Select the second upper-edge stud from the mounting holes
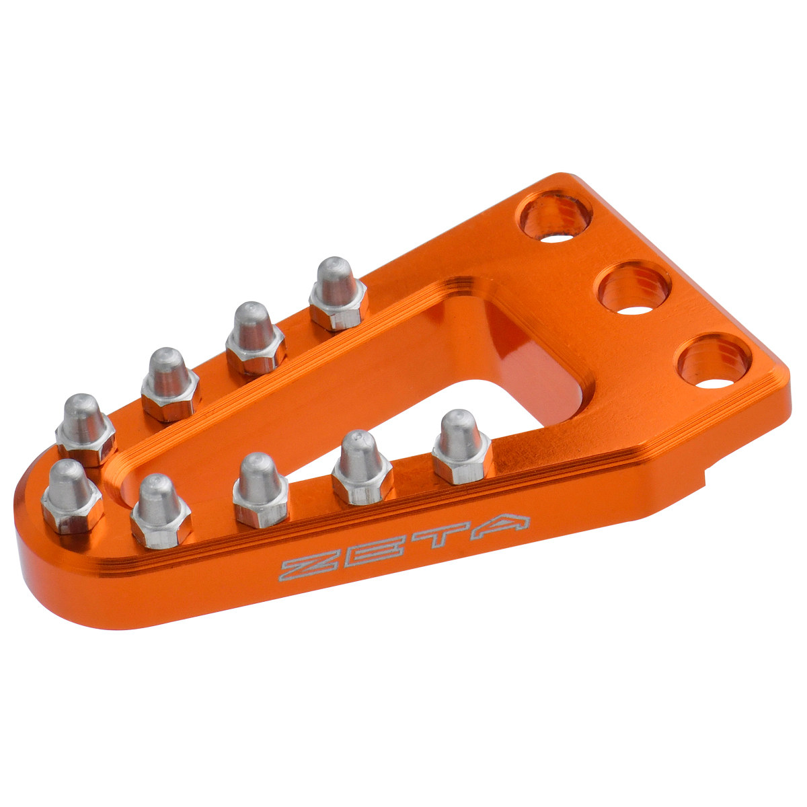255,338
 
